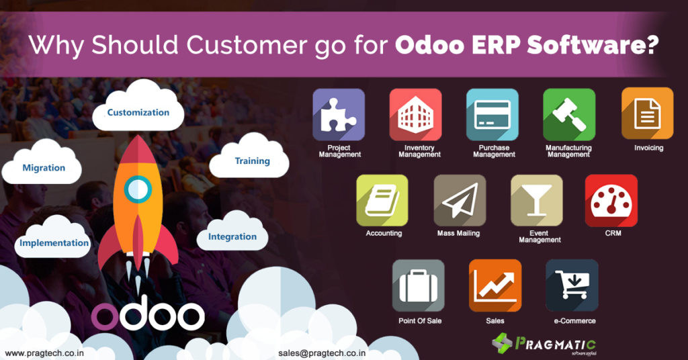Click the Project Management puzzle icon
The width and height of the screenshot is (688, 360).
[x=339, y=115]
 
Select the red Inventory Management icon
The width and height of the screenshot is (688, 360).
[x=415, y=115]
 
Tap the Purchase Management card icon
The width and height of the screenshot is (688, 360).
[x=492, y=115]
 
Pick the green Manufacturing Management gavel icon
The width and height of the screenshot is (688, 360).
[x=569, y=115]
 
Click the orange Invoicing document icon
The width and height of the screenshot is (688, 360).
[x=647, y=114]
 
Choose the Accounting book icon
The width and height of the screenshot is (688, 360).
[x=382, y=200]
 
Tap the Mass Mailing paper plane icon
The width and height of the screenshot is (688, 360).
[x=460, y=200]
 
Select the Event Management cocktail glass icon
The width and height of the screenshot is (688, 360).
[x=536, y=200]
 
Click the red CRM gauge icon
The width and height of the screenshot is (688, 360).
[x=611, y=200]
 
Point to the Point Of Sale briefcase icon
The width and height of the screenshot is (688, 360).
[x=418, y=285]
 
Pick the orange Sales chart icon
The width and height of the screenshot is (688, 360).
[x=495, y=285]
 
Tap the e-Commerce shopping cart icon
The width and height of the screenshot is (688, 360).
[x=572, y=285]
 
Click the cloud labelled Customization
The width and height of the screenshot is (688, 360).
[x=138, y=111]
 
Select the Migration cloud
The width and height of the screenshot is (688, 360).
[x=44, y=167]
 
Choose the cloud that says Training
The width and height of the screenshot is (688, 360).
[x=252, y=161]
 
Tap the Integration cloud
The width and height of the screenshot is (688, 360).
[x=232, y=236]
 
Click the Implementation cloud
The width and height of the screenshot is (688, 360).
[x=54, y=242]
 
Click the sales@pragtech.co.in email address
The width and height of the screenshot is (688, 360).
[x=318, y=352]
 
